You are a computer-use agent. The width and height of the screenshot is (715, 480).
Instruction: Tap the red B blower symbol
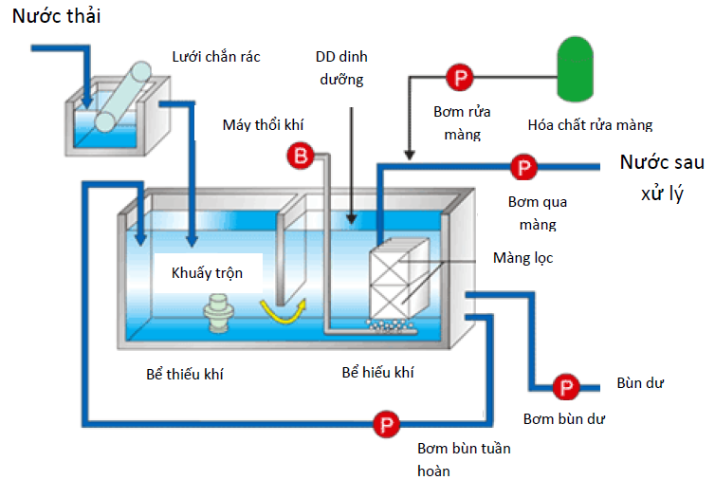click(298, 155)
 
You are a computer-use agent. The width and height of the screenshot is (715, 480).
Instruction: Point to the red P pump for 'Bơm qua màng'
click(522, 169)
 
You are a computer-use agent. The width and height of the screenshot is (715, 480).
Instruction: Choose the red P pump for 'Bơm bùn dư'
click(565, 387)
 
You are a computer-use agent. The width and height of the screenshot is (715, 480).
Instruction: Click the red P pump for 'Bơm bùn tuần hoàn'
click(384, 423)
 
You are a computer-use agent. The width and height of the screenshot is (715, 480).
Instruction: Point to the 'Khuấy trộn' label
click(207, 273)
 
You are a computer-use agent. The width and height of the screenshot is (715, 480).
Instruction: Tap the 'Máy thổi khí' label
click(264, 124)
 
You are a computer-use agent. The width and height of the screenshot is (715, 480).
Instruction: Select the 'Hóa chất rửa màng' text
click(590, 124)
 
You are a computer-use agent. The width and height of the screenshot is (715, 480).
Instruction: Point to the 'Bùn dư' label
click(639, 383)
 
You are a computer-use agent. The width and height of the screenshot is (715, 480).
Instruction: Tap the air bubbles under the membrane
click(394, 326)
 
